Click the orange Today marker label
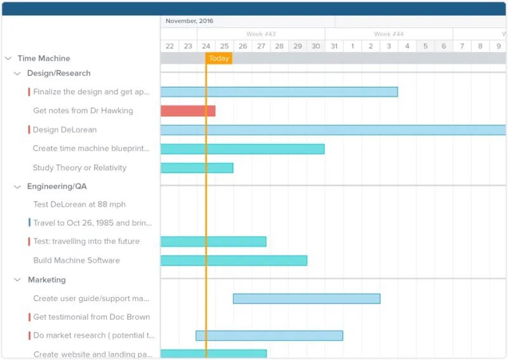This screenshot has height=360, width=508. click(219, 58)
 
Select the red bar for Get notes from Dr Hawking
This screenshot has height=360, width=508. click(187, 111)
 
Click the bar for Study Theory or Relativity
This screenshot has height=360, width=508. click(196, 168)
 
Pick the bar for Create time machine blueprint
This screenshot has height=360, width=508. click(242, 149)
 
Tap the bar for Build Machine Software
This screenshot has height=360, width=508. click(233, 260)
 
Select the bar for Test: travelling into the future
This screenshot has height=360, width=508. click(213, 241)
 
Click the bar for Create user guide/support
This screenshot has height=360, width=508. click(306, 298)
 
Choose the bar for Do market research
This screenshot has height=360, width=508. click(269, 335)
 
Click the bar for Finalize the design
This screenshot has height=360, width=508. click(279, 92)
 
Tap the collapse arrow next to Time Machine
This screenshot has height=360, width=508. click(8, 58)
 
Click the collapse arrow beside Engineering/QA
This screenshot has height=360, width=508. click(18, 187)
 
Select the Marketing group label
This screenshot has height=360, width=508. click(46, 280)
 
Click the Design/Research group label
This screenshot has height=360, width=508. click(58, 74)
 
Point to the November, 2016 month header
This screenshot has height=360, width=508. click(189, 21)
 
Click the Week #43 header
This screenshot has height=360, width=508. click(261, 34)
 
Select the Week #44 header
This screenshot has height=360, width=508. click(389, 34)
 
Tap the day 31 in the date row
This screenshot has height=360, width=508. click(334, 46)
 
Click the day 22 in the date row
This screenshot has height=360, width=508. click(170, 46)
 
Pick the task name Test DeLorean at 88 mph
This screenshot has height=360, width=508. click(79, 204)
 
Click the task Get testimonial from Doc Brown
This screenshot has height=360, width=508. click(91, 317)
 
